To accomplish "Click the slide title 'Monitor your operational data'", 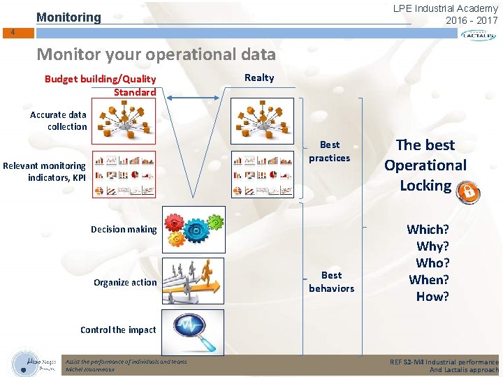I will pyautogui.click(x=156, y=54).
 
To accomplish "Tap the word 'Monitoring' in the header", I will pyautogui.click(x=68, y=17).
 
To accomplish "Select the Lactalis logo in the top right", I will pyautogui.click(x=479, y=35).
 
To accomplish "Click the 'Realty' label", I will pyautogui.click(x=259, y=77).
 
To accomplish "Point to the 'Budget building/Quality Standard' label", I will pyautogui.click(x=101, y=85).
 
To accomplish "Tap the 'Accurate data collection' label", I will pyautogui.click(x=59, y=120).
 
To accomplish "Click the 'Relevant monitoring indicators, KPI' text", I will pyautogui.click(x=44, y=171).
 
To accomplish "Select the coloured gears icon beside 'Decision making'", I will pyautogui.click(x=193, y=229).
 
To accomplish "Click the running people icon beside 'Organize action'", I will pyautogui.click(x=193, y=281).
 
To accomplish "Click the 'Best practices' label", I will pyautogui.click(x=330, y=151).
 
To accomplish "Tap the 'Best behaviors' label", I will pyautogui.click(x=331, y=281).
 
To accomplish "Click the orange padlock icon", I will pyautogui.click(x=468, y=192).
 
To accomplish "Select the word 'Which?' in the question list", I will pyautogui.click(x=428, y=229).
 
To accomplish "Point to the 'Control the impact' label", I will pyautogui.click(x=118, y=330).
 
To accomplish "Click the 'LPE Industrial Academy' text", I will pyautogui.click(x=446, y=8).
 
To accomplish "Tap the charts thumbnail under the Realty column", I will pyautogui.click(x=263, y=174).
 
